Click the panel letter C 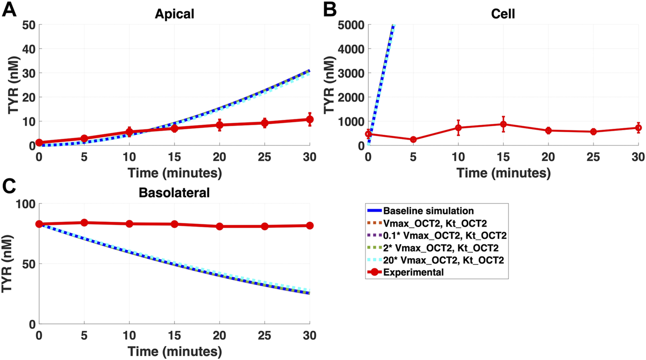[9, 189]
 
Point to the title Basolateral [174, 193]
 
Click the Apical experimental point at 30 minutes [310, 119]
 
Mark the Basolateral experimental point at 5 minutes [84, 223]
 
